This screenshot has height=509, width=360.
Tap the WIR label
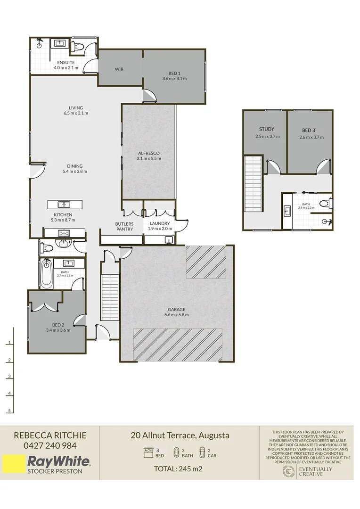119,69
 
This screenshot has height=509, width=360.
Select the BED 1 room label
174,73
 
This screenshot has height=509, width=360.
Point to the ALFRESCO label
148,153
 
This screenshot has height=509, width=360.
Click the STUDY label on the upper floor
266,129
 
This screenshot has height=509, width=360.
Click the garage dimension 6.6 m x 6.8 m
177,315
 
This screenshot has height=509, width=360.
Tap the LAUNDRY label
159,223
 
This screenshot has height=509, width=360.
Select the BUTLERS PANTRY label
124,226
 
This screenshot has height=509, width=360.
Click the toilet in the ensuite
77,46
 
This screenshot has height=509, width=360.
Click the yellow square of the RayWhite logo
13,464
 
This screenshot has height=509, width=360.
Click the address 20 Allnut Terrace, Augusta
180,435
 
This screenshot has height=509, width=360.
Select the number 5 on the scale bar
9,411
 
